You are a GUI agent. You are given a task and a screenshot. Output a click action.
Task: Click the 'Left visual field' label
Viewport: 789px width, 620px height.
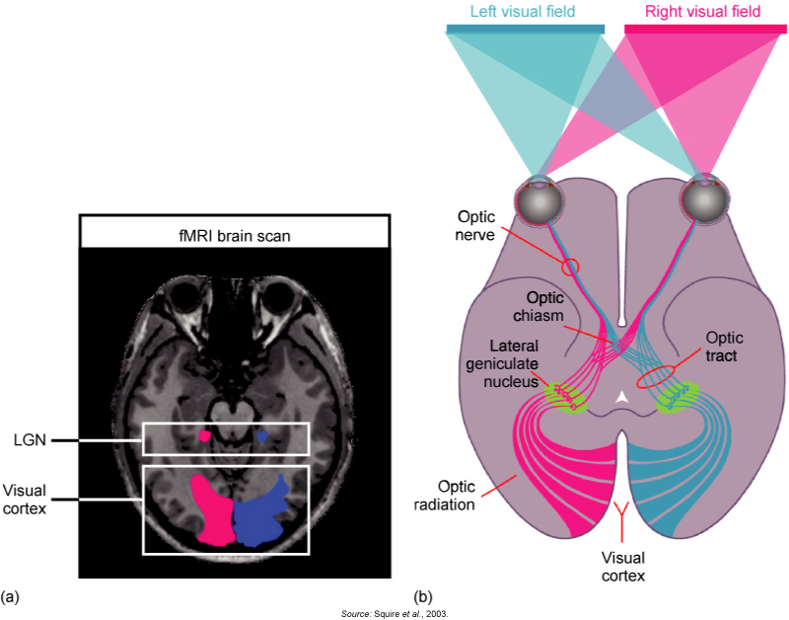click(525, 11)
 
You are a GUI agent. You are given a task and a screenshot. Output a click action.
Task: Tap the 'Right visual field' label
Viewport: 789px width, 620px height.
click(705, 11)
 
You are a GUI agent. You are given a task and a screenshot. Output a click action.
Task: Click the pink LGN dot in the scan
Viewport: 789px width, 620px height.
click(204, 434)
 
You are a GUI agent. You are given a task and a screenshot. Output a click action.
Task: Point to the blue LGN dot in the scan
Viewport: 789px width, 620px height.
click(262, 434)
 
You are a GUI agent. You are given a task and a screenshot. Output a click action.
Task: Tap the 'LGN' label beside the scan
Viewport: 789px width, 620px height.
click(21, 440)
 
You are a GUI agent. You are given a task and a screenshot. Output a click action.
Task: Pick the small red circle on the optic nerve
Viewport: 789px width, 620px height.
click(568, 266)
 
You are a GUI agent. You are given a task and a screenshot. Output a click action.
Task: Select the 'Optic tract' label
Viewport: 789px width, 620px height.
click(725, 347)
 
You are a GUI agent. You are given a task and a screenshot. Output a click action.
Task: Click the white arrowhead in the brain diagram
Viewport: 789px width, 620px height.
click(620, 396)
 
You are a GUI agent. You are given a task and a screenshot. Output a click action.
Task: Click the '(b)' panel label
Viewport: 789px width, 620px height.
click(423, 596)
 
